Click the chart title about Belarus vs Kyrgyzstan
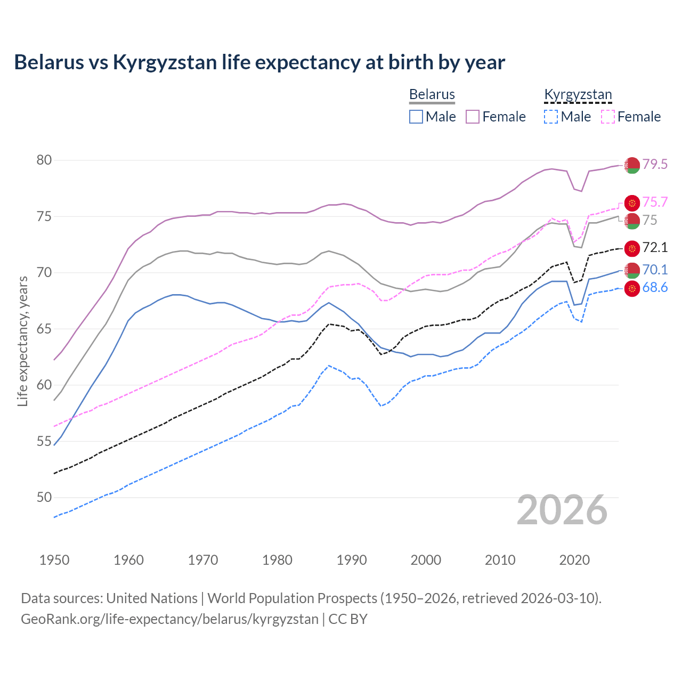pos(259,62)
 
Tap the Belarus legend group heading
pos(432,94)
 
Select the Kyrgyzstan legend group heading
pos(578,94)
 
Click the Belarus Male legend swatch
pos(416,117)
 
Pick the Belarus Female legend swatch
pos(473,117)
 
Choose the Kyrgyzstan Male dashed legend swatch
pos(551,117)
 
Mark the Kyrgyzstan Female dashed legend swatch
pos(608,117)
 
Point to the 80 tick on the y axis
pos(44,160)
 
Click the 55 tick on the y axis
pos(44,441)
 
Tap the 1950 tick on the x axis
pos(54,560)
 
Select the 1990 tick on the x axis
pos(352,560)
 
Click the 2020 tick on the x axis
pos(574,560)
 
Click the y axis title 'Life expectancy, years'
pos(22,341)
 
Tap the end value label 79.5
pos(655,165)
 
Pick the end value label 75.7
pos(655,202)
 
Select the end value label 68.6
pos(655,288)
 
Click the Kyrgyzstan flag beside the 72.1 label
pos(632,248)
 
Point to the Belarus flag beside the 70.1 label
pos(632,270)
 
